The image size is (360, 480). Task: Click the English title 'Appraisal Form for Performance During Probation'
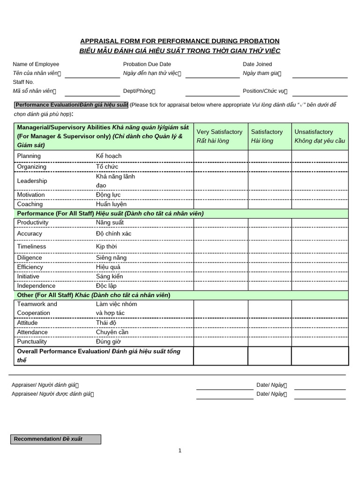click(x=180, y=41)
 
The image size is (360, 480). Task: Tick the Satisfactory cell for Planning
click(x=270, y=156)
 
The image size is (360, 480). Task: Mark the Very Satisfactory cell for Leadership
click(x=220, y=181)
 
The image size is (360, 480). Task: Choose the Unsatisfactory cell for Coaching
click(x=320, y=204)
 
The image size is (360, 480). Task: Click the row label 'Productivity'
click(x=33, y=223)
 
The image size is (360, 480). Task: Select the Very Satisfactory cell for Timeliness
click(x=220, y=247)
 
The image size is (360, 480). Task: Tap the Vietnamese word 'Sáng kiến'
click(x=109, y=277)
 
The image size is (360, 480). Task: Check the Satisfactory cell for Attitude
click(x=270, y=323)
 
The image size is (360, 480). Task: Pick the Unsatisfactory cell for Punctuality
click(x=320, y=342)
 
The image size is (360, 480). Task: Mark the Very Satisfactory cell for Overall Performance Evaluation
click(x=220, y=356)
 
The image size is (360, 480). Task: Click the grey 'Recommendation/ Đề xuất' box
click(x=56, y=439)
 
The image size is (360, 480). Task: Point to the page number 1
click(x=180, y=451)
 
